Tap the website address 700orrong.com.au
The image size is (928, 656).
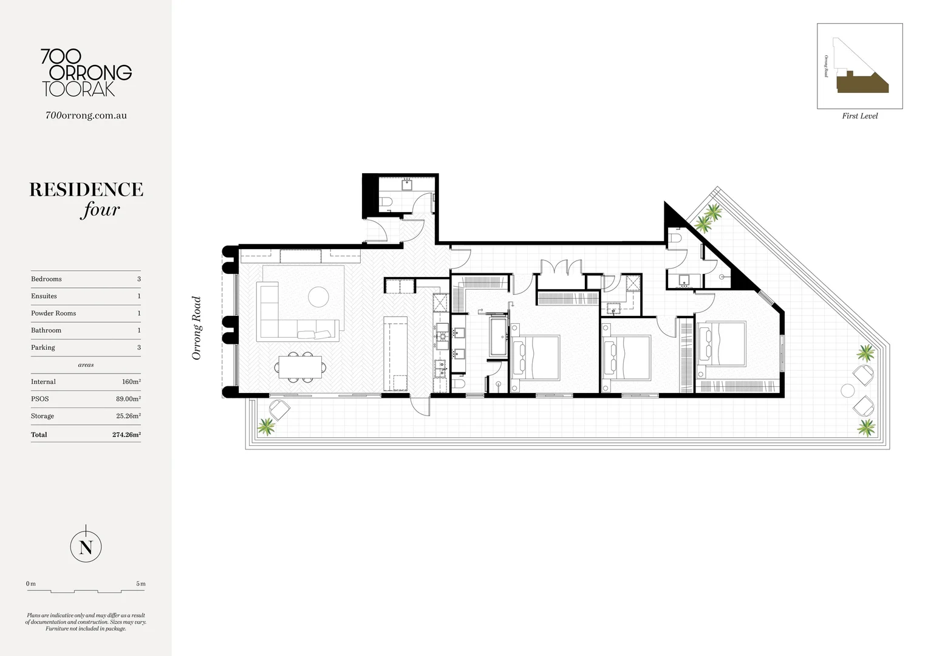86,115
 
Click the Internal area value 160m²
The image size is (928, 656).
131,382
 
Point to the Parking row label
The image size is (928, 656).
43,347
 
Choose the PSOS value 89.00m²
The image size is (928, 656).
128,399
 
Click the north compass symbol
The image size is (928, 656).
86,548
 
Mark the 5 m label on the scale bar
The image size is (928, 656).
141,584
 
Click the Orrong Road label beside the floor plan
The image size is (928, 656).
196,328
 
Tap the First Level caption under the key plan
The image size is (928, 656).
859,116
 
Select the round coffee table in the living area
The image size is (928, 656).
319,297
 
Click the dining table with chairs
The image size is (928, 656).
302,367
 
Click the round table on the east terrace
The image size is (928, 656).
847,389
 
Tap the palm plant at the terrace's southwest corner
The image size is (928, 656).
265,426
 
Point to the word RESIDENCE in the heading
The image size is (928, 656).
86,190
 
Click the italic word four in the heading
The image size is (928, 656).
100,210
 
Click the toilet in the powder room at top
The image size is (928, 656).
389,202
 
